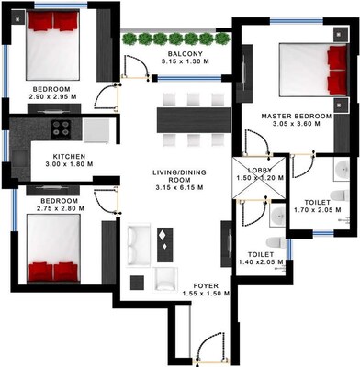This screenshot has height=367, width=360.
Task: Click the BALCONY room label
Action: (x=184, y=53)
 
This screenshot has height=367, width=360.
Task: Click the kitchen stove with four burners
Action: (x=64, y=129)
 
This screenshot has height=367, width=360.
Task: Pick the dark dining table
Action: (x=192, y=119)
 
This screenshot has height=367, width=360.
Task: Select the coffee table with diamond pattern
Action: (x=166, y=240)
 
